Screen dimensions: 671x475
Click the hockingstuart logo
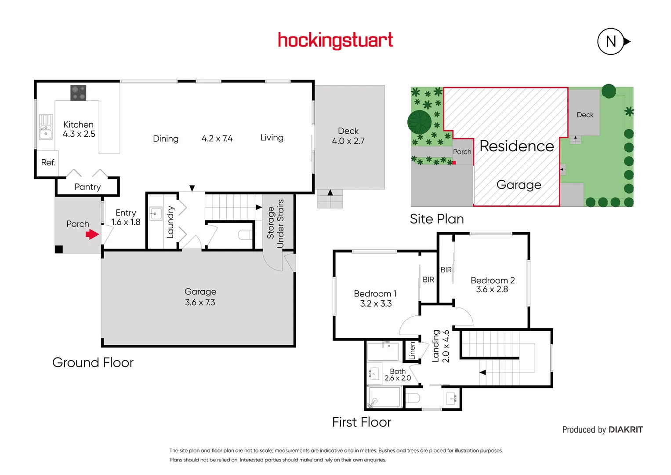coord(335,40)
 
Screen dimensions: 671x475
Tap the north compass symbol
coord(611,41)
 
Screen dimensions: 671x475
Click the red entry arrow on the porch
coord(92,234)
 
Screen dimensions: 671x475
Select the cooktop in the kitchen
coord(78,93)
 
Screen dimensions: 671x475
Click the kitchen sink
coord(46,127)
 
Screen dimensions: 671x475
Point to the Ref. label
coord(48,163)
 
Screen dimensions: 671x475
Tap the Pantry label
coord(87,187)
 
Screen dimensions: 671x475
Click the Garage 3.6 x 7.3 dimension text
coord(200,303)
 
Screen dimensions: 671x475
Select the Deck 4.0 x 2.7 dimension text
coord(348,141)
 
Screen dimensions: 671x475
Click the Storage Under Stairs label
coord(276,223)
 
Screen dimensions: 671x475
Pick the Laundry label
coord(170,222)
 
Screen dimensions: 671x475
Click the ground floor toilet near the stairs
coord(244,235)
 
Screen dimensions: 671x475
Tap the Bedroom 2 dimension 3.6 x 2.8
coord(492,289)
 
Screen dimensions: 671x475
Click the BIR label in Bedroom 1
coord(428,280)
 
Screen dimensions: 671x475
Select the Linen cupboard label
coord(412,351)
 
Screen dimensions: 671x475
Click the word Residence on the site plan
coord(517,146)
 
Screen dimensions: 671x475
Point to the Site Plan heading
coord(437,219)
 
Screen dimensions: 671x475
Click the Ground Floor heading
coord(93,362)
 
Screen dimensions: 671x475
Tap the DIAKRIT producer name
coord(626,430)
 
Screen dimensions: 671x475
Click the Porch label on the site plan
coord(462,152)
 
